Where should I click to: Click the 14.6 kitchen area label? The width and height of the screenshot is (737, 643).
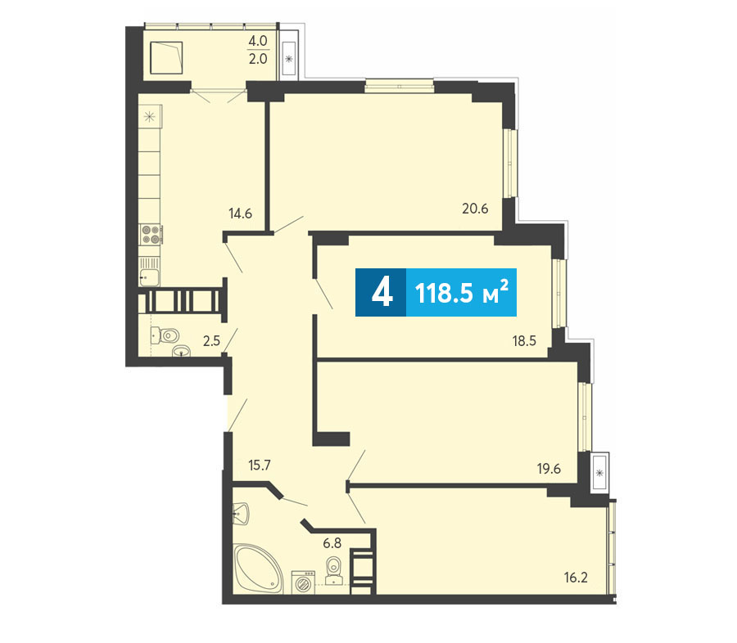pos(240,214)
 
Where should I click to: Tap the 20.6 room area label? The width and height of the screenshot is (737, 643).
pos(475,208)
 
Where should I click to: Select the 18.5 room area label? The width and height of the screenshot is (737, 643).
pos(524,340)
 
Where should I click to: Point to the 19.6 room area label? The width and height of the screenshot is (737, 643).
pos(549,468)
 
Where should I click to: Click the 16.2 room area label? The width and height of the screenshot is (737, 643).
pos(576,578)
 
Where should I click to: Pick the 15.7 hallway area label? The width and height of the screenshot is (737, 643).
pos(260,465)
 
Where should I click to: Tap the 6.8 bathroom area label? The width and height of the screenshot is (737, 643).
pos(332,543)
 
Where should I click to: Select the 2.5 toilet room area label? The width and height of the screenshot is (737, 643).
pos(211,340)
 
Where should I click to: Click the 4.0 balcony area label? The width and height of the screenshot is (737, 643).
pos(258,41)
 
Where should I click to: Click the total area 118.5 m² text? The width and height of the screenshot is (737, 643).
pos(462,293)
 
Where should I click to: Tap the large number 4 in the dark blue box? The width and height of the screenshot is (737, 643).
pos(382,292)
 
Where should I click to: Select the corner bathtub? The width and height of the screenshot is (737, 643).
pos(259,569)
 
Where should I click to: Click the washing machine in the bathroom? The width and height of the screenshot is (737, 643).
pos(303,582)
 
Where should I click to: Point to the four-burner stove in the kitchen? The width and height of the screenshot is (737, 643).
pos(151,234)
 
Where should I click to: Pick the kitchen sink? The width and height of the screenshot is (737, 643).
pos(150,277)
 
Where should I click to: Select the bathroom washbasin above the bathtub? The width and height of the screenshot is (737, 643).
pos(241,514)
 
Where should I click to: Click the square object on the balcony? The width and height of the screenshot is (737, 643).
pos(166,57)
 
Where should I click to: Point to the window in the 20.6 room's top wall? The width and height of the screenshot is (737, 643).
pos(399,87)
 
